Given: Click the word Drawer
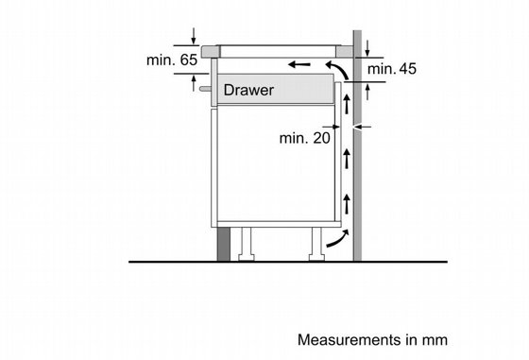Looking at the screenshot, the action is point(248,90).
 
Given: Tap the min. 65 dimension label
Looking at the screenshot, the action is point(172,60).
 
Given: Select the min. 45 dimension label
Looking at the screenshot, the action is point(392,69).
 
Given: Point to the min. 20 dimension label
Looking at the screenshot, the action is point(304,138).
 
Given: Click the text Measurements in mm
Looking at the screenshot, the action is point(372,340).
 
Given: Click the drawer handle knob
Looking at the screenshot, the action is point(205,89).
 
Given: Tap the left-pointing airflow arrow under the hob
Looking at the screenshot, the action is point(299,64).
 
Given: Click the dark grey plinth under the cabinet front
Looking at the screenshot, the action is point(223,244).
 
